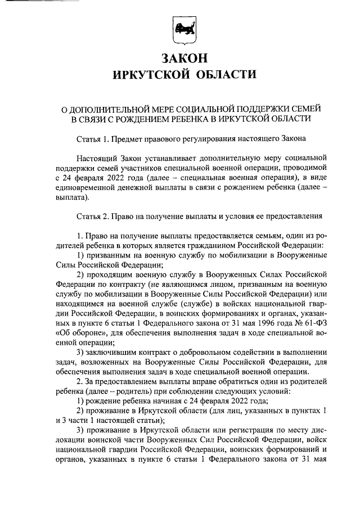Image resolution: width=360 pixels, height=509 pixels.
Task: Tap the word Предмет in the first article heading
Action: pyautogui.click(x=127, y=138)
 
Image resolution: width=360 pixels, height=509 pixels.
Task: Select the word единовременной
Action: pyautogui.click(x=90, y=188)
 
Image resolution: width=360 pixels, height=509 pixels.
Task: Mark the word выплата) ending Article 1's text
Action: pyautogui.click(x=73, y=198)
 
